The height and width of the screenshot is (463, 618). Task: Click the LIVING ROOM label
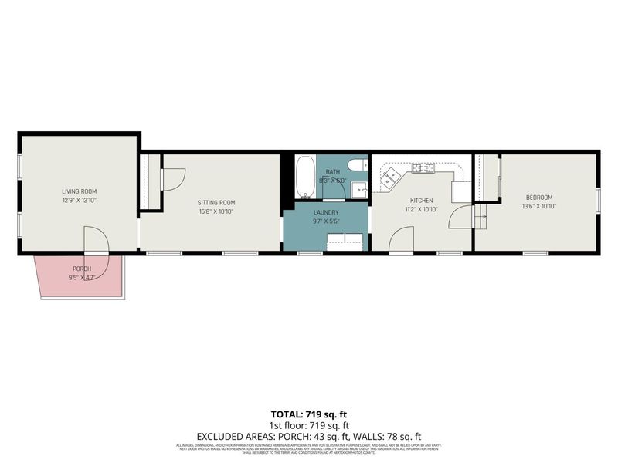click(x=79, y=191)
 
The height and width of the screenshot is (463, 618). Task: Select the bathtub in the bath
click(x=305, y=177)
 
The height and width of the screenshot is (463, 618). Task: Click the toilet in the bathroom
click(x=357, y=164)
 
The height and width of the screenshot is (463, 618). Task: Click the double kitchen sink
click(x=390, y=177)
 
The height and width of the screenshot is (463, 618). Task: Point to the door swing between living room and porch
click(x=97, y=239)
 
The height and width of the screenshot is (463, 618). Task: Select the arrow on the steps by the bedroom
click(x=480, y=217)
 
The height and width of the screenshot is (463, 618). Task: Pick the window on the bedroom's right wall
click(x=598, y=199)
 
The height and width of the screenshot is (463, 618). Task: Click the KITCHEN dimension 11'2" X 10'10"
click(x=421, y=209)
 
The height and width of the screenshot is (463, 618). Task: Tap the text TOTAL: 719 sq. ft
click(x=308, y=414)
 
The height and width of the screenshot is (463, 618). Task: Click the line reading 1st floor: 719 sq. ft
click(x=308, y=425)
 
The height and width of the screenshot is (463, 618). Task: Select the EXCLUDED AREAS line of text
click(x=308, y=436)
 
